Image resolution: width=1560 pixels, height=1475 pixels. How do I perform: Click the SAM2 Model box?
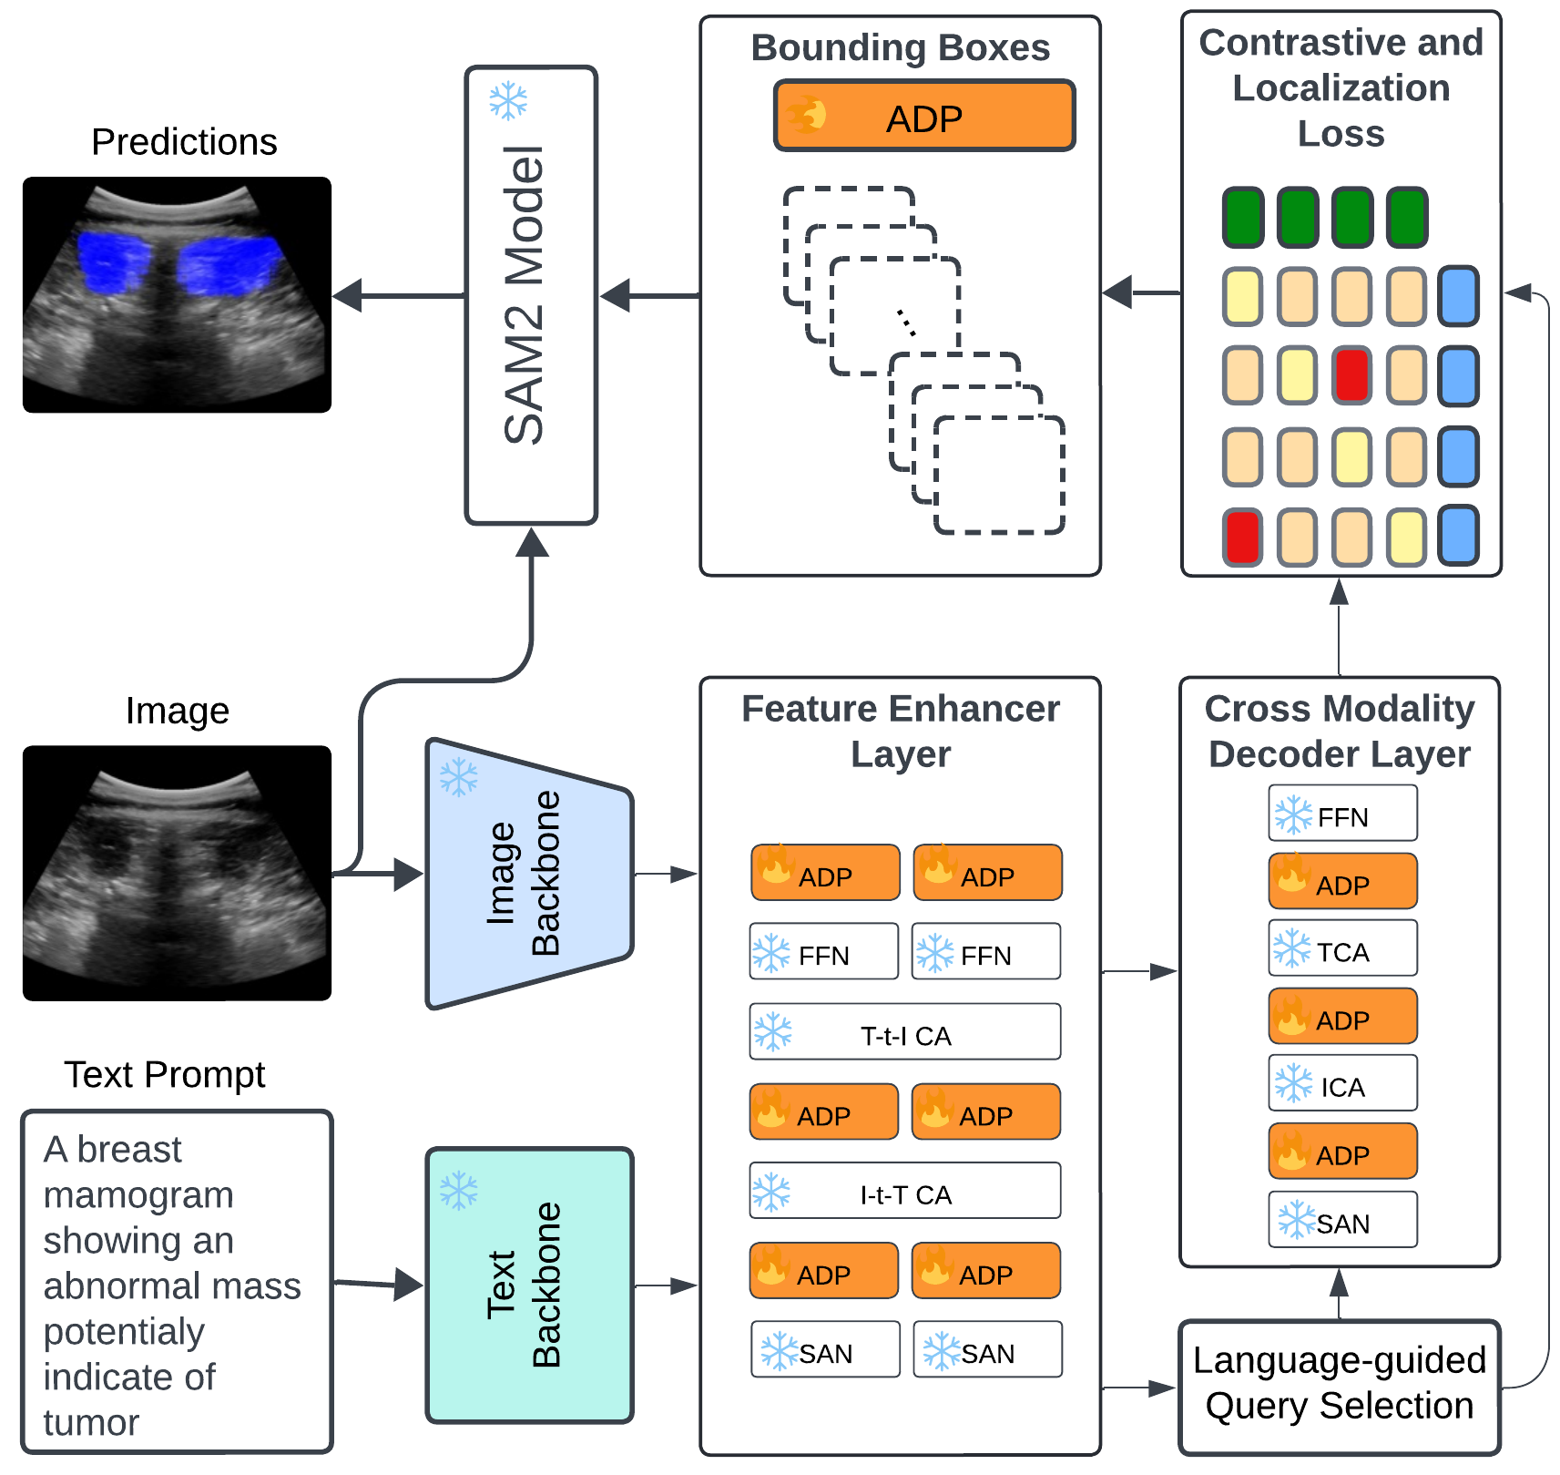(531, 295)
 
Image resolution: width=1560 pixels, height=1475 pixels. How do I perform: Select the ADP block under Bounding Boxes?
(924, 117)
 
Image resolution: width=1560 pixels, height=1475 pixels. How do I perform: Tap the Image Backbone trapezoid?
(528, 874)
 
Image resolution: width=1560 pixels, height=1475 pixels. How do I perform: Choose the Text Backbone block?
(528, 1285)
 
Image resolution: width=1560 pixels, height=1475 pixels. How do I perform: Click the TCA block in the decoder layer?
(1342, 948)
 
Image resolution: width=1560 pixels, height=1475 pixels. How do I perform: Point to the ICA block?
(1342, 1083)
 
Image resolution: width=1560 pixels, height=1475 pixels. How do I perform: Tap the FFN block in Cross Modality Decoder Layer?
(1342, 814)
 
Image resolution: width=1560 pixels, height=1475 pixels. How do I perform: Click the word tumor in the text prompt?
(91, 1422)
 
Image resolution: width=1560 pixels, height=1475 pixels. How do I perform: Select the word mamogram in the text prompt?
(138, 1194)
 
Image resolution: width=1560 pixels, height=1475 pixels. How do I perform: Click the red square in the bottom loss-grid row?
(1242, 537)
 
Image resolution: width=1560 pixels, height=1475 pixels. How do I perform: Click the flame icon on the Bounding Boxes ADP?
(807, 116)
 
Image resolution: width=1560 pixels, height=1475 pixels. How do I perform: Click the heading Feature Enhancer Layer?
(900, 731)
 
